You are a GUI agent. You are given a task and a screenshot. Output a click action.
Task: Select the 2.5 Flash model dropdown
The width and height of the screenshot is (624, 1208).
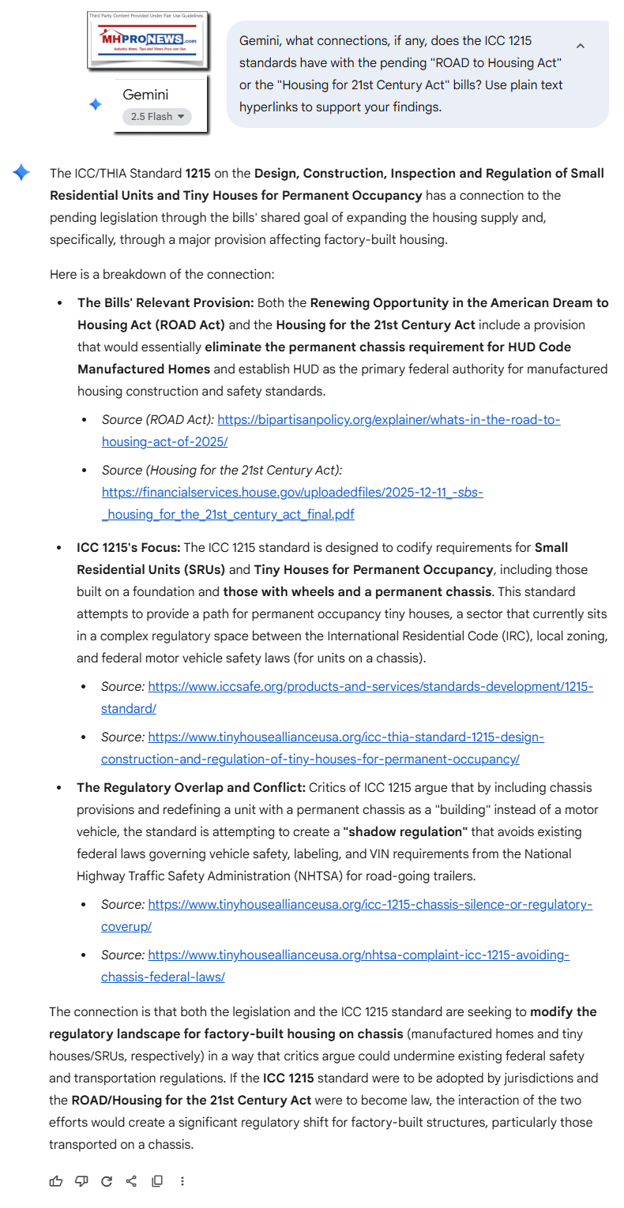157,117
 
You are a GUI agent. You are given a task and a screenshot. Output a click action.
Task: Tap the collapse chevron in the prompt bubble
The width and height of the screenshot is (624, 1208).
581,46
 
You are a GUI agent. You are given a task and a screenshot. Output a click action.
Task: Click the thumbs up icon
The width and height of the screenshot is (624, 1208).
56,1181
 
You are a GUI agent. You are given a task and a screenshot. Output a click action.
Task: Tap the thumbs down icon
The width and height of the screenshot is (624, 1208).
81,1181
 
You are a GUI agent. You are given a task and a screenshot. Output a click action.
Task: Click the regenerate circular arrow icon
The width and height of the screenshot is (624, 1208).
107,1181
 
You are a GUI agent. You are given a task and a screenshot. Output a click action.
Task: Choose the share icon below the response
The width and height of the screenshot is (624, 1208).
132,1181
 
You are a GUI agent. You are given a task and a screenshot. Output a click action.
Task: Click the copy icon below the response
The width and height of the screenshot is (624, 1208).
157,1181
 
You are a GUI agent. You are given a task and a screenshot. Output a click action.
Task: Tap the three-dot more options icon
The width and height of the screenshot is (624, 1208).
182,1181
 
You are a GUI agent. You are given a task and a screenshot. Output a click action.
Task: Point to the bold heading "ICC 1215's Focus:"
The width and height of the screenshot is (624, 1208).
129,548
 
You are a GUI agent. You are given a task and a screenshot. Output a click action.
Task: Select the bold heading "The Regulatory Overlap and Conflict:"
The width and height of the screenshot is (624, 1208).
191,788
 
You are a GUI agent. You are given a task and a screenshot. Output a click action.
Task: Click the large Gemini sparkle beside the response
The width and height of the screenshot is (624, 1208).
21,173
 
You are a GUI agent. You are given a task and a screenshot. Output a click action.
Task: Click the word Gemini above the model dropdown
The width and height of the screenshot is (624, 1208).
145,95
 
